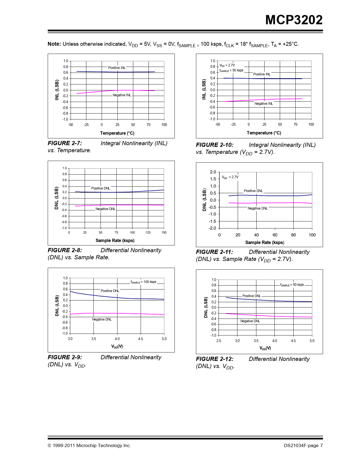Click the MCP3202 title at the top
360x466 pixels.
294,20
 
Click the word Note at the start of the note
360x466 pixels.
54,44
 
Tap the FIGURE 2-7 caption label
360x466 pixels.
65,143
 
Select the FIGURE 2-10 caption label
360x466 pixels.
215,145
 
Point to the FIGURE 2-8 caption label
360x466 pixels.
65,250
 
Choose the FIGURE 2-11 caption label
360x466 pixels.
214,252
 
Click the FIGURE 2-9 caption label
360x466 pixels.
65,357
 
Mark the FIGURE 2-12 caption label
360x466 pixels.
215,359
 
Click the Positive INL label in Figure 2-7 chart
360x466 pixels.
117,68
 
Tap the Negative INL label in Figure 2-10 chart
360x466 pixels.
264,104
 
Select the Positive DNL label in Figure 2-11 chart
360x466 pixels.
253,191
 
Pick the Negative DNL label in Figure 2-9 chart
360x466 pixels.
102,319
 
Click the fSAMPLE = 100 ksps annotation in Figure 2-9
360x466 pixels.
143,282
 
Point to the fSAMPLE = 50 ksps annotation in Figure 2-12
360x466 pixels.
292,285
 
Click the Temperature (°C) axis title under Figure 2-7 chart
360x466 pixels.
117,133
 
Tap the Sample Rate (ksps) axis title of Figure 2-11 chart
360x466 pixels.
265,242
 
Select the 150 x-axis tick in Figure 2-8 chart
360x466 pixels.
164,232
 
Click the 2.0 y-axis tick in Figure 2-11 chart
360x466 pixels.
213,172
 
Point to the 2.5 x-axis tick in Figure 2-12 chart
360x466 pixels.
219,341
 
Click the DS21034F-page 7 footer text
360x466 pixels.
303,446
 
